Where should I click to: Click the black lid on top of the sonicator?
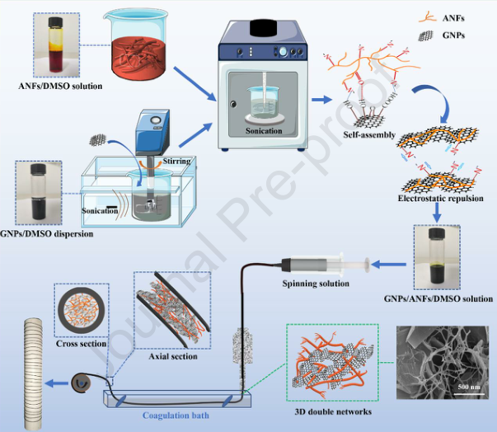[x=263, y=25]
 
